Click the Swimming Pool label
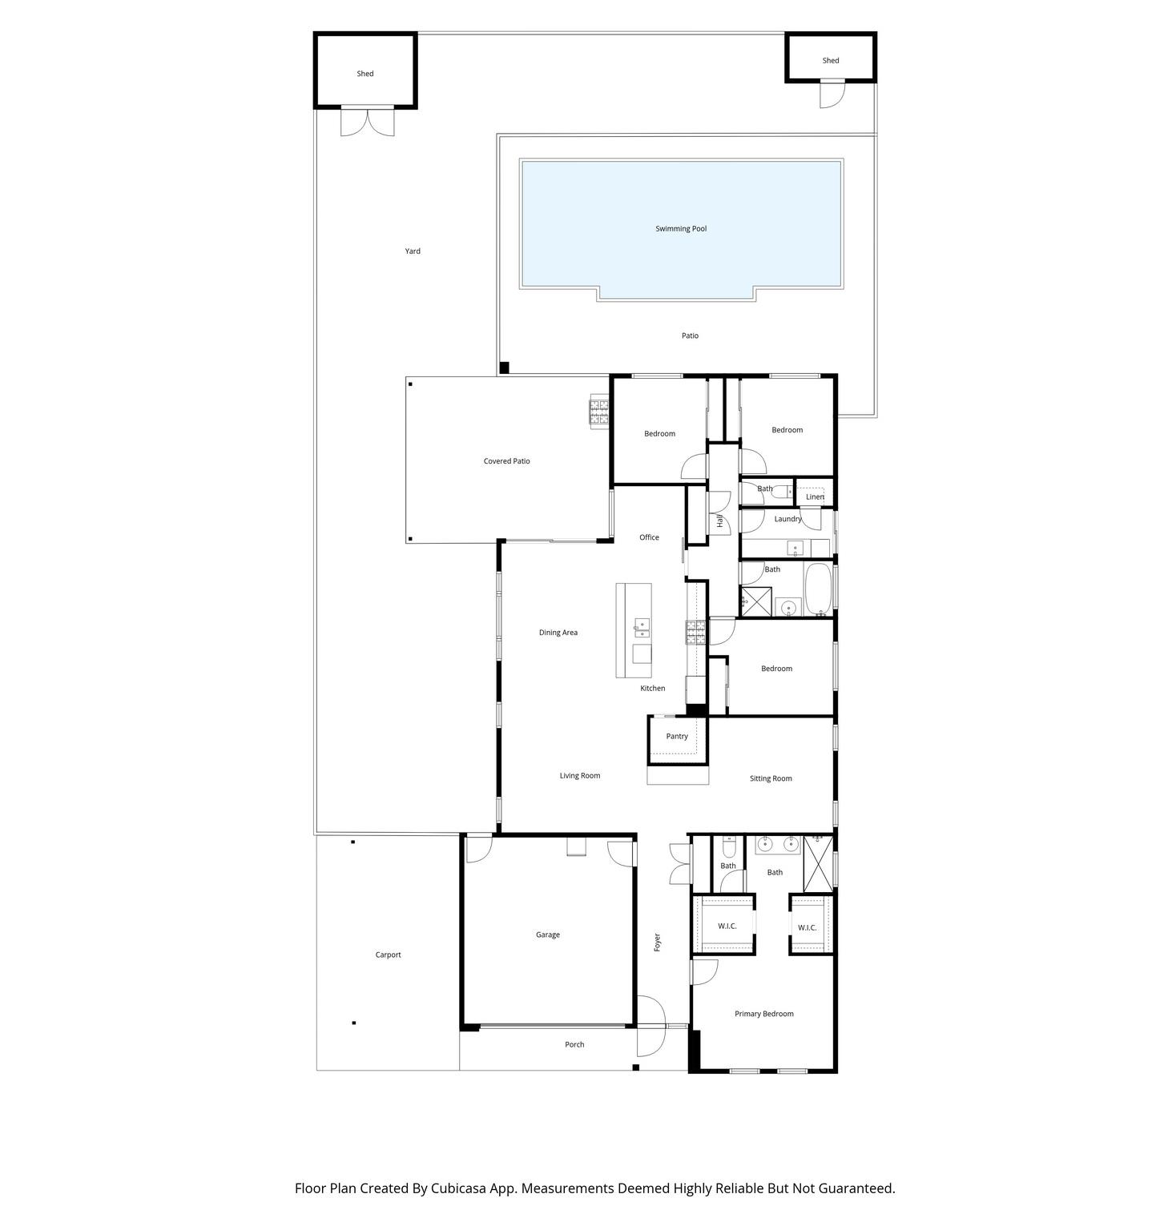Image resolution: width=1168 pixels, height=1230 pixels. [x=681, y=229]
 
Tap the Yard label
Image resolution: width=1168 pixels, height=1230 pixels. [x=413, y=251]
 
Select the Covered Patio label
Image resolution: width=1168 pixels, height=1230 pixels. [x=506, y=461]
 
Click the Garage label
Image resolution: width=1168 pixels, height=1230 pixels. [x=548, y=935]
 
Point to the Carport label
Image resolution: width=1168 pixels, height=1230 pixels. [x=388, y=955]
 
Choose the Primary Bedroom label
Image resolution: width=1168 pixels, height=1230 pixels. [x=764, y=1014]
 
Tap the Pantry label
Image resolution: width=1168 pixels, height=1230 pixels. [x=677, y=737]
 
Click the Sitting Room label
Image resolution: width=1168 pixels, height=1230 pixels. [x=771, y=778]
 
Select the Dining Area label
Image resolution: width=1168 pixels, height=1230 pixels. [x=558, y=633]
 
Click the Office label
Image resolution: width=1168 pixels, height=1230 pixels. [x=649, y=537]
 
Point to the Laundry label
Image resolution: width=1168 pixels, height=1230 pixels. [x=787, y=519]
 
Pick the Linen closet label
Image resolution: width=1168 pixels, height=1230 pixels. [x=815, y=496]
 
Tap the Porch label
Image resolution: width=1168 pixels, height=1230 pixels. [x=574, y=1044]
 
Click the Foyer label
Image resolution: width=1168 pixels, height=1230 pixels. [x=657, y=942]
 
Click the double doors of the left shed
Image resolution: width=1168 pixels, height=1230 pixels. [x=368, y=122]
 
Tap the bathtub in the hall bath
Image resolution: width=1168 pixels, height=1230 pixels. [x=818, y=589]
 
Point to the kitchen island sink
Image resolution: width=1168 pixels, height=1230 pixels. [x=642, y=627]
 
